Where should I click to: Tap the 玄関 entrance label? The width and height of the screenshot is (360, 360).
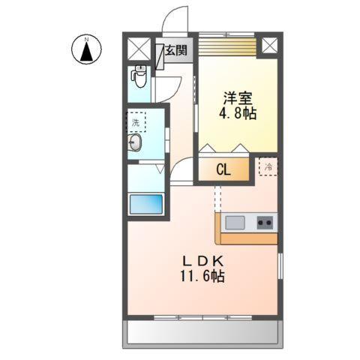click(177, 51)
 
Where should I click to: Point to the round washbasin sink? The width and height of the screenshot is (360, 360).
click(136, 143)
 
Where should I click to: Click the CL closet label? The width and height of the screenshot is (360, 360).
click(223, 170)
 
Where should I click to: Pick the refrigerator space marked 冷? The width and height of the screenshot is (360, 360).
click(266, 166)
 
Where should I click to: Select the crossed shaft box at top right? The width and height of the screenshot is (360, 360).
click(268, 44)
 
